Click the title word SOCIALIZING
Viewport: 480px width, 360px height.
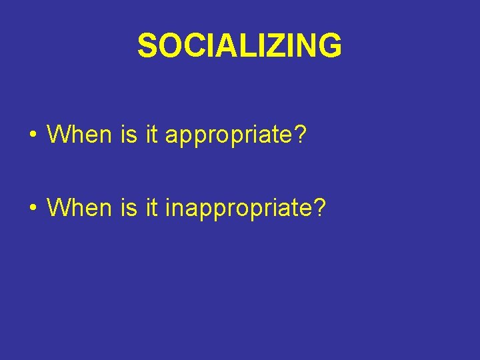click(x=239, y=46)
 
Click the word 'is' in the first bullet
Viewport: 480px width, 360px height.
click(x=128, y=135)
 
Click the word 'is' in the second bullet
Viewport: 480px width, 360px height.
click(x=128, y=208)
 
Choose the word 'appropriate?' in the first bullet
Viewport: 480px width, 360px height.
click(x=235, y=136)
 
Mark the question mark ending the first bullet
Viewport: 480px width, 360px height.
click(x=301, y=135)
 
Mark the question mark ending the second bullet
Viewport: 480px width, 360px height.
click(x=320, y=208)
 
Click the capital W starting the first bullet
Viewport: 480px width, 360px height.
click(x=58, y=135)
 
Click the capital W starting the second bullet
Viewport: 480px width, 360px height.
click(x=58, y=208)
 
